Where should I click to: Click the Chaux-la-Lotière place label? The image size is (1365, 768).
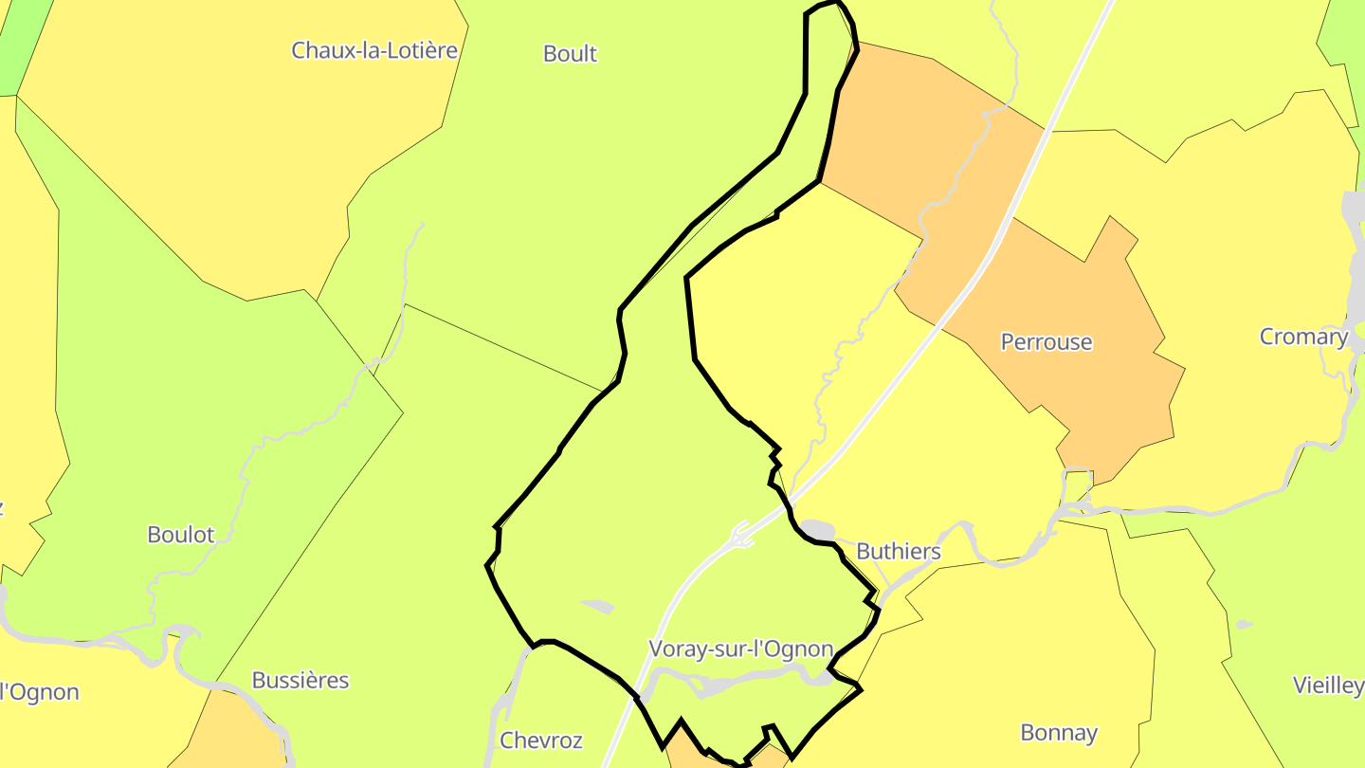[374, 50]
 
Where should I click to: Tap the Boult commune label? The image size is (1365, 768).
[570, 54]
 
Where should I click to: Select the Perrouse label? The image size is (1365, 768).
[1046, 342]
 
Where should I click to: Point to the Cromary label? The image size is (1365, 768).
[1303, 337]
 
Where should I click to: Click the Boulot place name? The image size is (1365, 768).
[181, 535]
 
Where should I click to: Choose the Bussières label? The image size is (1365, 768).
[300, 680]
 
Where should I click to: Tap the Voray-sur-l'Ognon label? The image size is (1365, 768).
[740, 649]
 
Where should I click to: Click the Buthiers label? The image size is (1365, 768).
[899, 551]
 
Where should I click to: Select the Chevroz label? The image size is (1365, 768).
[540, 741]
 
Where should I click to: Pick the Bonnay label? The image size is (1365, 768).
[1059, 732]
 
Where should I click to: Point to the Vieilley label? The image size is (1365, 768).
[1328, 686]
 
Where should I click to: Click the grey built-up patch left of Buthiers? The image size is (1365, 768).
[817, 529]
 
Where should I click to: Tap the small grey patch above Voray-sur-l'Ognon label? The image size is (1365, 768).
[598, 605]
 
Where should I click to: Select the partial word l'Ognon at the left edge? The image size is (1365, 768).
[38, 692]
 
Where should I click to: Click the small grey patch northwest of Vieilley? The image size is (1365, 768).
[1244, 624]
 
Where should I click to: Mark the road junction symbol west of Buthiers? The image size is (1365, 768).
[741, 535]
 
